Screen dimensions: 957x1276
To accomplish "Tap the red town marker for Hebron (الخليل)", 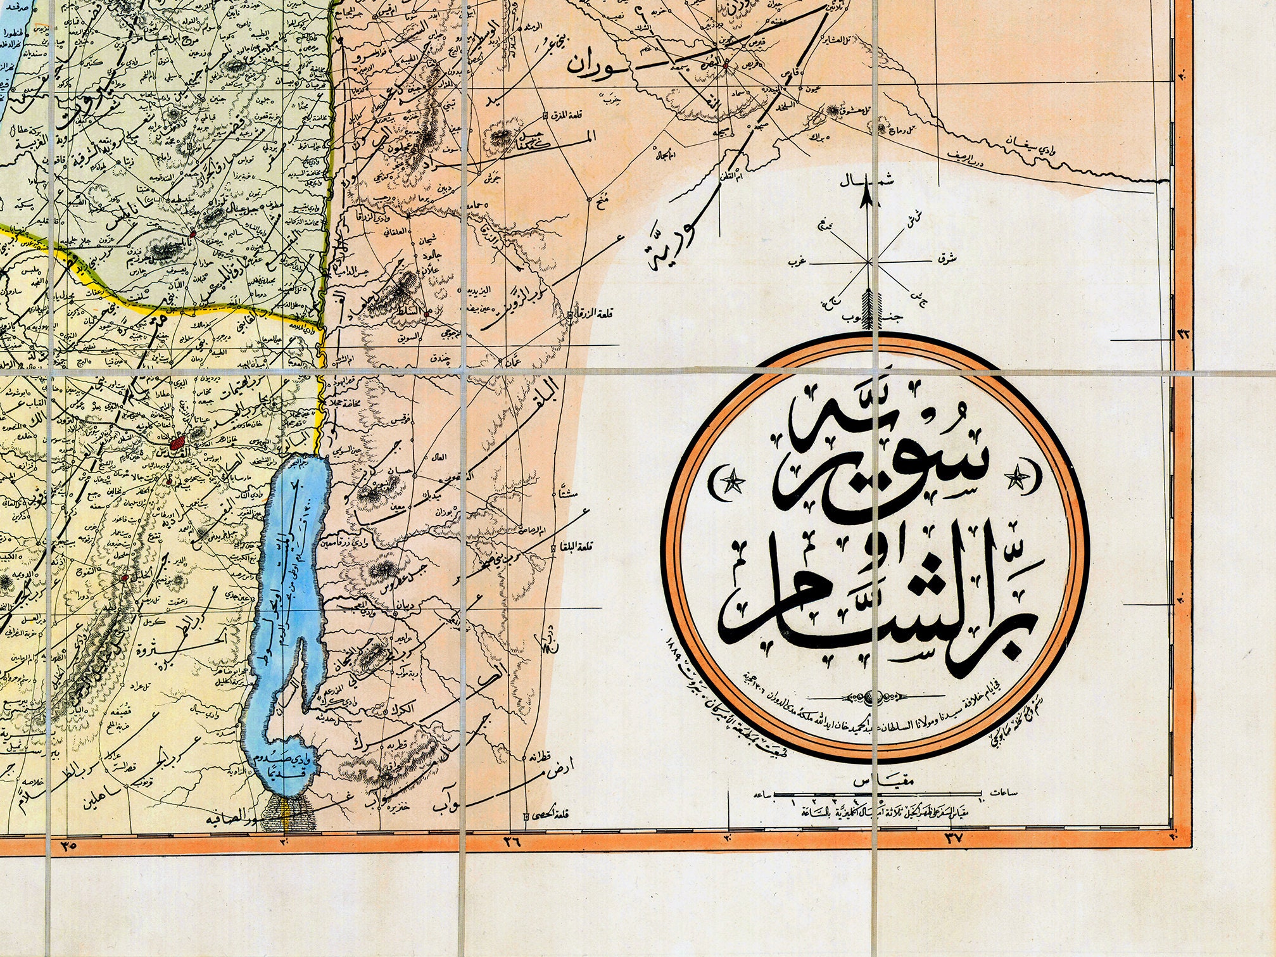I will (125, 578).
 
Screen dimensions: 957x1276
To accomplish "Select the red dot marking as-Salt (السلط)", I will (428, 313).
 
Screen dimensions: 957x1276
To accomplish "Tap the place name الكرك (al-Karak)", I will (422, 712).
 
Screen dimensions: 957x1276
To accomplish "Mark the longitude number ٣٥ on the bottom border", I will (70, 845).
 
